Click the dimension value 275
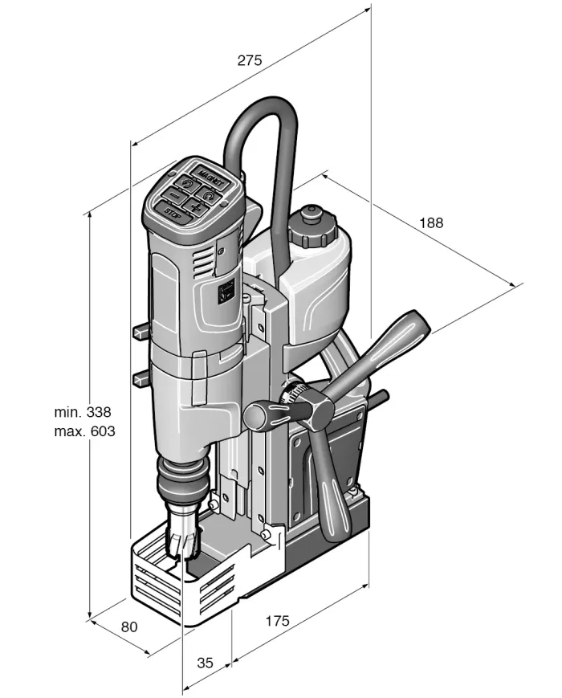[250, 60]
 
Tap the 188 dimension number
[430, 222]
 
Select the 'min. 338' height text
[83, 413]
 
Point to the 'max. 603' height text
[84, 431]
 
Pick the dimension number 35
[205, 663]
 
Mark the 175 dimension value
[275, 621]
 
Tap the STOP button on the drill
[175, 212]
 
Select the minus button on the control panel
[173, 195]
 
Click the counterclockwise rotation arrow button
[187, 185]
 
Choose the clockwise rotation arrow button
[209, 194]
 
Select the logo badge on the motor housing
[226, 290]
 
